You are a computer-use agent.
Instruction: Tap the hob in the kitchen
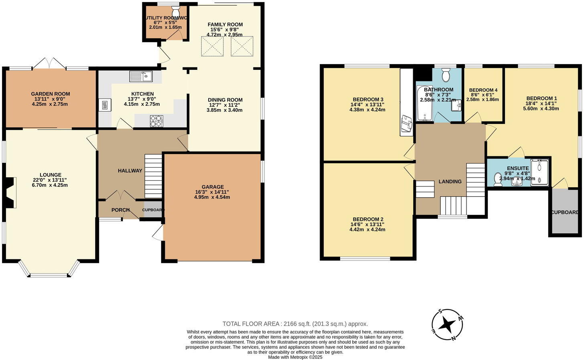157,121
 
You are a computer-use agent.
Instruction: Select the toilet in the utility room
175,10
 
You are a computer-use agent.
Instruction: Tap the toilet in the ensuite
498,179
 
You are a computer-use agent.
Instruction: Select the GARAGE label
213,187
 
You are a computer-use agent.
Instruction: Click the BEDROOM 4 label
483,90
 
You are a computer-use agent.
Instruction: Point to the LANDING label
450,182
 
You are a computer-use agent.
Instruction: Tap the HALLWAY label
130,171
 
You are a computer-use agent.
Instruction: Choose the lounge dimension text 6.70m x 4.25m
51,185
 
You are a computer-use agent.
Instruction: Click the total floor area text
295,324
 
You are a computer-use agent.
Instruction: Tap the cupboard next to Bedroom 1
565,212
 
